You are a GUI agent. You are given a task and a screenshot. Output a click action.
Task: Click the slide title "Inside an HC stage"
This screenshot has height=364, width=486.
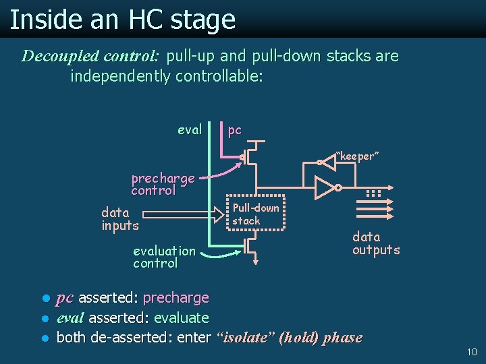pos(122,20)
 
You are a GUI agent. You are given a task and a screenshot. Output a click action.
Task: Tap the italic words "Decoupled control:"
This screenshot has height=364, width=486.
pos(90,56)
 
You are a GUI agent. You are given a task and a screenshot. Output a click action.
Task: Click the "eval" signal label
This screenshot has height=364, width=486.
pos(190,130)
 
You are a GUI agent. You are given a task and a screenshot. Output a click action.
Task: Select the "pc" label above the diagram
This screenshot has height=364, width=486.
pos(234,130)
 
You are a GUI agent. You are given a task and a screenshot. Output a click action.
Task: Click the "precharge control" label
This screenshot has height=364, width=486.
pos(163,184)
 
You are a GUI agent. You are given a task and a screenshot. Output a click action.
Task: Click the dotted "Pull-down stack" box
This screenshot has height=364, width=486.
pos(256,214)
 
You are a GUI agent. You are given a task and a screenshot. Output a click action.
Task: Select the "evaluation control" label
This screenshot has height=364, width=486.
pos(164,257)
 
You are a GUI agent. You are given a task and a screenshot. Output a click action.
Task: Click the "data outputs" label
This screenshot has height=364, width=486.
pos(376,243)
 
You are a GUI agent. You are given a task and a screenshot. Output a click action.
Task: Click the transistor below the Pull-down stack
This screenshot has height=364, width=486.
pos(251,249)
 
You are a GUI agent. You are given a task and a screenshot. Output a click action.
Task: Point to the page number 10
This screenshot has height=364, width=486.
pos(471,352)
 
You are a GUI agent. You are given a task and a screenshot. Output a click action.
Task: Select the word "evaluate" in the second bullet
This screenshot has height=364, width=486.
pos(182,317)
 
